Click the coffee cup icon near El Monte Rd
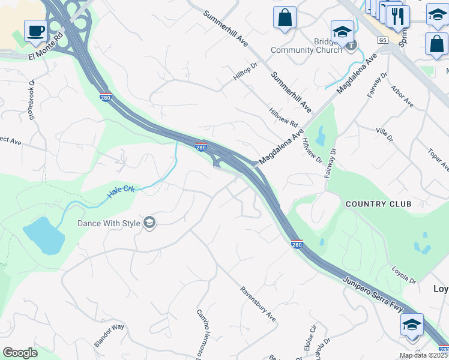(x=36, y=31)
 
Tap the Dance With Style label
(x=109, y=224)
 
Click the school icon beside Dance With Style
(x=149, y=224)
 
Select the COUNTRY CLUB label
(x=378, y=204)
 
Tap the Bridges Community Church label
(x=306, y=46)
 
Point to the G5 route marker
(x=382, y=40)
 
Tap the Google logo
(x=20, y=353)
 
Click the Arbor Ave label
(x=402, y=96)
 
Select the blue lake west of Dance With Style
(x=43, y=236)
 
